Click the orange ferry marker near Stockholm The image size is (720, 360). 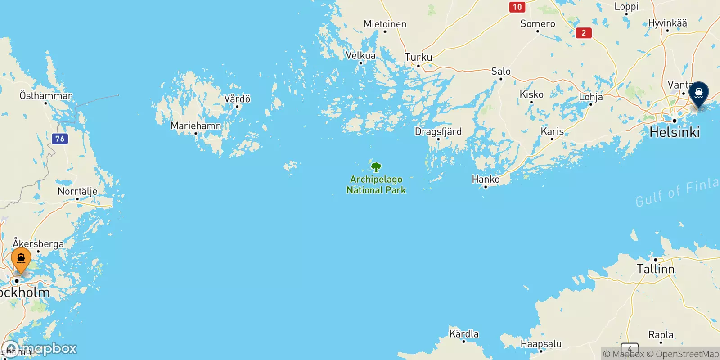tap(21, 260)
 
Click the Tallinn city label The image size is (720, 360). tap(655, 269)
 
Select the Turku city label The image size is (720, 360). tap(418, 57)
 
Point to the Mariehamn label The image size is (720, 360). tap(196, 126)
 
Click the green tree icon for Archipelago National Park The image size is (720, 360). tap(376, 168)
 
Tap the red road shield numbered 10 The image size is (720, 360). tap(517, 7)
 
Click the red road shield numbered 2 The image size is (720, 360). tap(583, 32)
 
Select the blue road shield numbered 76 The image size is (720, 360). tap(60, 139)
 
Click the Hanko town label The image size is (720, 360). tap(486, 179)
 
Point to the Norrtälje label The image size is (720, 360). tap(77, 191)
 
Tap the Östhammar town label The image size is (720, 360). tap(45, 95)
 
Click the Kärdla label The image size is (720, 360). tap(464, 334)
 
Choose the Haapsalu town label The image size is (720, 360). tap(541, 344)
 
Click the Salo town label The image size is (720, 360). tap(501, 71)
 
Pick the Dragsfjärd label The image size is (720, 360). tap(438, 131)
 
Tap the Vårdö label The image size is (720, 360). tap(237, 99)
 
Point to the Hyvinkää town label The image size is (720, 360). tap(667, 23)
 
